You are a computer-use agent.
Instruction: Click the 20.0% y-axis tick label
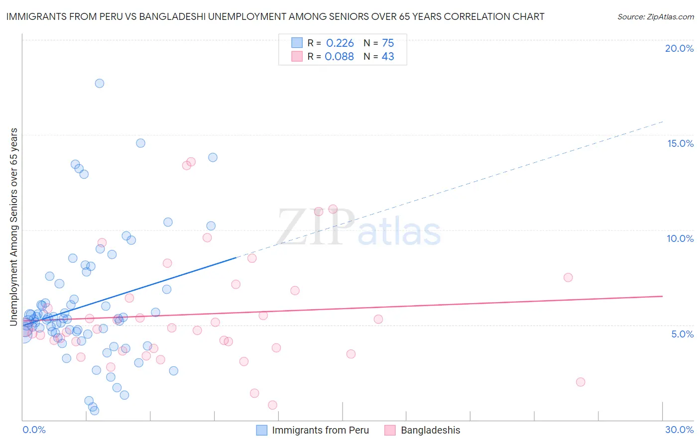[679, 48]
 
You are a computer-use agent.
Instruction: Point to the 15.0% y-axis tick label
[680, 143]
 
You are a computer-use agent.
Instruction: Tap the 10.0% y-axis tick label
[680, 238]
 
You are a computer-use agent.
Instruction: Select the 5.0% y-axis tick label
[682, 334]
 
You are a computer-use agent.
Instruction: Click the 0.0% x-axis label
[34, 430]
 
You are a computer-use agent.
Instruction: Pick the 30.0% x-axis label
[679, 430]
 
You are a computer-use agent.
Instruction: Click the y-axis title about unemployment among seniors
[13, 227]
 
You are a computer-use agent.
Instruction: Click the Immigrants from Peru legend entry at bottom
[320, 430]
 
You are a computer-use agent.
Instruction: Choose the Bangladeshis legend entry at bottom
[430, 430]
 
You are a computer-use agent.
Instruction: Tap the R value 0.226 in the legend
[340, 43]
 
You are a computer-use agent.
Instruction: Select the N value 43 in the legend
[388, 57]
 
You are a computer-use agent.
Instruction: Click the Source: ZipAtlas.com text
[655, 17]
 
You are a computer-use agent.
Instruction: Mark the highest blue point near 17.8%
[100, 83]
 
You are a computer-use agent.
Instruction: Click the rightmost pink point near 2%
[581, 382]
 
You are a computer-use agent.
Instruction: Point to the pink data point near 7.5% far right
[568, 277]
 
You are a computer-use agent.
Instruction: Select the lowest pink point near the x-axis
[272, 405]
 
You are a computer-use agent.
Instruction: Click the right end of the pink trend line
[663, 296]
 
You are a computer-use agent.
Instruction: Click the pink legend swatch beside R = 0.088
[297, 56]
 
